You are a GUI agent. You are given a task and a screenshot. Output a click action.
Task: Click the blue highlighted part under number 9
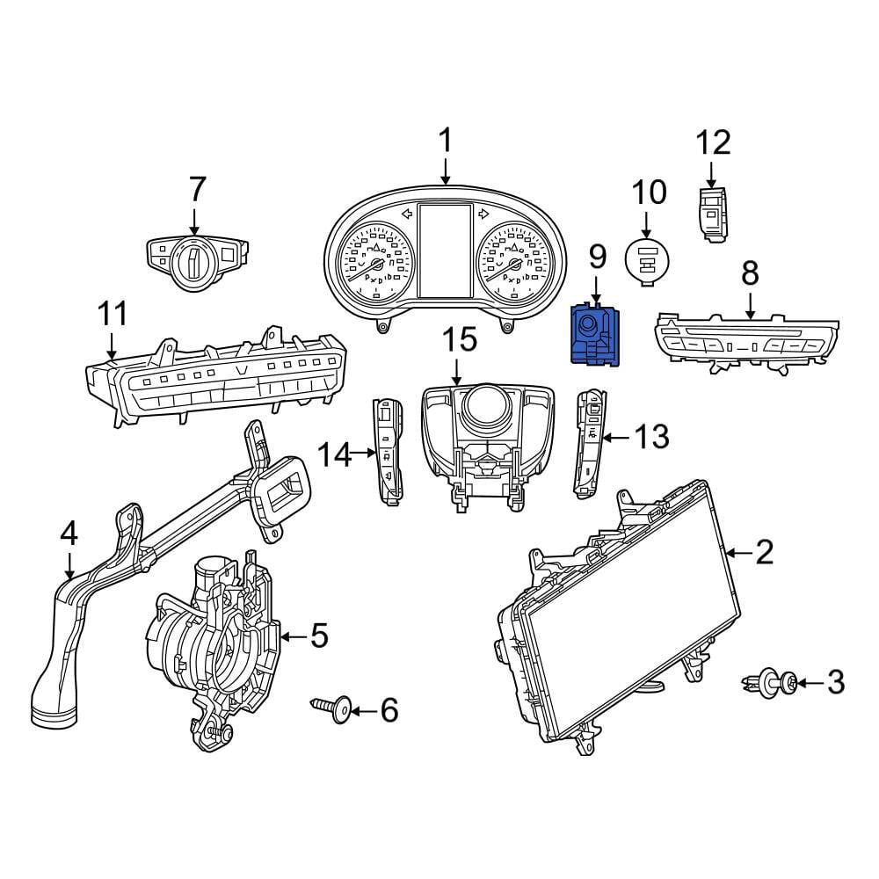pos(595,336)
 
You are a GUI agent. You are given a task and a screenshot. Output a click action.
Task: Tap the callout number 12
pos(713,143)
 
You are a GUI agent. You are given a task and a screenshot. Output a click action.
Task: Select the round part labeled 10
pos(647,260)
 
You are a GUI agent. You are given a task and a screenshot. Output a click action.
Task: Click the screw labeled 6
pos(331,709)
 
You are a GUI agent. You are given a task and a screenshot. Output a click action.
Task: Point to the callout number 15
pos(460,340)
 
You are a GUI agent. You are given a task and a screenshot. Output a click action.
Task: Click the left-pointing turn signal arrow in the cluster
pos(408,213)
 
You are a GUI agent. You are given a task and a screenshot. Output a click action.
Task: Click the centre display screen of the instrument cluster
pos(445,251)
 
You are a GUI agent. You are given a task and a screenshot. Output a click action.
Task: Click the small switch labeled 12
pos(714,214)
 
